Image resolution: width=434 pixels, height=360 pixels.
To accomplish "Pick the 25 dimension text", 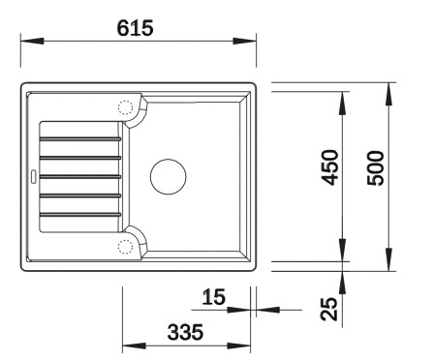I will [330, 309].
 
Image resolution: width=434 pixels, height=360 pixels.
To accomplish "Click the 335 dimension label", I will [184, 332].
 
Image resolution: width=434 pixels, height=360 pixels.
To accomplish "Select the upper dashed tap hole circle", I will [125, 108].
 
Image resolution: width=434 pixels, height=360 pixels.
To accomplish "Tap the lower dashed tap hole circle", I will [125, 246].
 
